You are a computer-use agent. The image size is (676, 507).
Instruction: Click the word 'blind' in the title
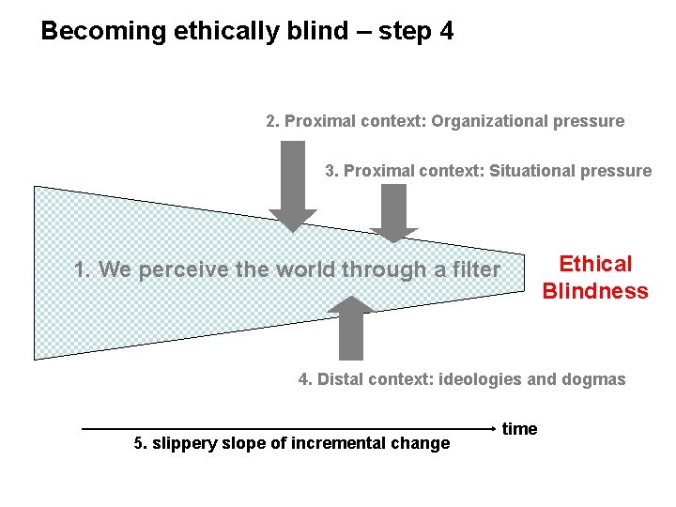pos(312,31)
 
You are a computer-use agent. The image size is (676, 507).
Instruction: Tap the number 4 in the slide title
pos(445,31)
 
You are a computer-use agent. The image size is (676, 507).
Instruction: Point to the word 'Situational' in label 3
pos(530,171)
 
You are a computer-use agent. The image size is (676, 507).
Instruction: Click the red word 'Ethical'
pos(595,265)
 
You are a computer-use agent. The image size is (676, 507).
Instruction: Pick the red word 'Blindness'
pos(595,291)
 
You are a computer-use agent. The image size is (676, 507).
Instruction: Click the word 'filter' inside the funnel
pos(475,270)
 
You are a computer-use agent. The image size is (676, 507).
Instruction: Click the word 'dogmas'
pos(594,379)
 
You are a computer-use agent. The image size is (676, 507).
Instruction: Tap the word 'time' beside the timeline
pos(519,429)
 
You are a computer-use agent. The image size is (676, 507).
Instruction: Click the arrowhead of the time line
pos(492,429)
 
